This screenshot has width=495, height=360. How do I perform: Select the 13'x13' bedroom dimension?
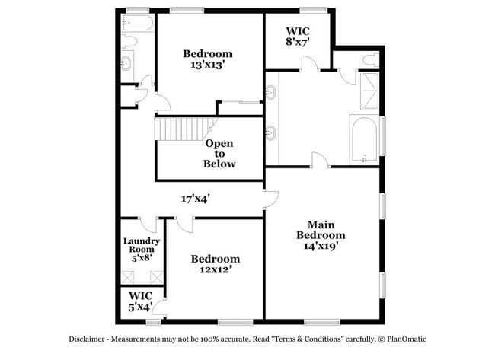click(x=207, y=65)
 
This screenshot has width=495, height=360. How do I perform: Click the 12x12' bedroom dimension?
click(x=215, y=269)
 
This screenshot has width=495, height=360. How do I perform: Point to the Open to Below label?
click(x=219, y=153)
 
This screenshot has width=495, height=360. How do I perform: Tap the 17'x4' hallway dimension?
click(x=196, y=198)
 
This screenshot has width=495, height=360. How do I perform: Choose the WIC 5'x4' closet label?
click(x=140, y=301)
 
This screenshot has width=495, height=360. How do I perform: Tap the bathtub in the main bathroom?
click(x=365, y=140)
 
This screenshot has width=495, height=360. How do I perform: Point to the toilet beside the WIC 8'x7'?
click(x=371, y=60)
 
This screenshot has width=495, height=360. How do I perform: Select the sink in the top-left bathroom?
click(x=126, y=63)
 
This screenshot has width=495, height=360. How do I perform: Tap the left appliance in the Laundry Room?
click(x=129, y=277)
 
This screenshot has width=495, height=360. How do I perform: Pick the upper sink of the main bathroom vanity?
click(x=270, y=94)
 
